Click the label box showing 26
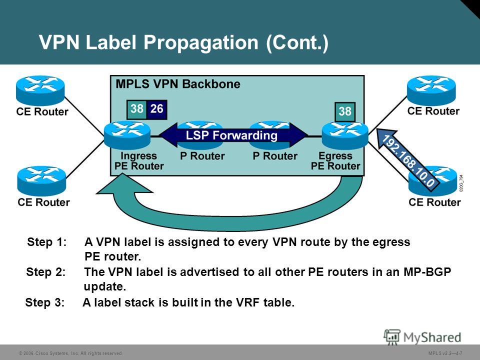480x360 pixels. click(x=156, y=109)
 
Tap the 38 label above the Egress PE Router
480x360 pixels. click(x=345, y=111)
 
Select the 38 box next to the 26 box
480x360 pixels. click(x=137, y=109)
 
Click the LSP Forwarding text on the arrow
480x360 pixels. click(x=231, y=135)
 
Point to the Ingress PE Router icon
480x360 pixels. click(x=127, y=135)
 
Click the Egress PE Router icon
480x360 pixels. click(x=345, y=135)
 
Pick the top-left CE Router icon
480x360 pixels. click(x=40, y=90)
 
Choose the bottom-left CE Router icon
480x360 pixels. click(x=41, y=181)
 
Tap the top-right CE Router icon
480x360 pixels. click(x=431, y=90)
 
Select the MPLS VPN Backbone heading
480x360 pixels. click(x=178, y=84)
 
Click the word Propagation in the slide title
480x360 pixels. click(x=201, y=42)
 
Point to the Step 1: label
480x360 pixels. click(x=47, y=242)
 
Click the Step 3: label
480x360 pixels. click(x=45, y=302)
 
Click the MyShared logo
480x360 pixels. click(x=422, y=337)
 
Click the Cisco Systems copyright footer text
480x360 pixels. click(x=70, y=353)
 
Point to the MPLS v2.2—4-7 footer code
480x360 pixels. click(x=445, y=353)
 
